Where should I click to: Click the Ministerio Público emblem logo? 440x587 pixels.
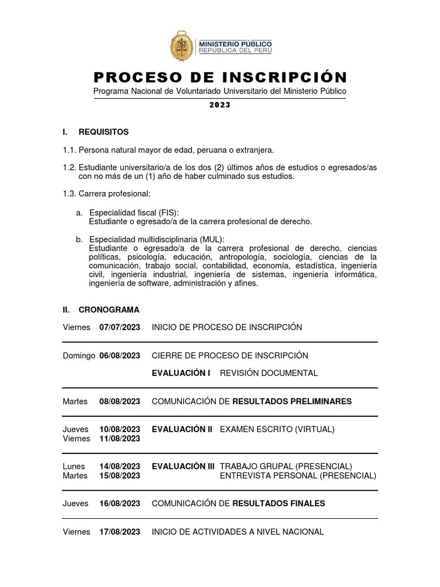click(182, 46)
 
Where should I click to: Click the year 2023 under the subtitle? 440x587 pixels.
click(219, 105)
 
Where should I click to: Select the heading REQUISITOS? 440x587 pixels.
click(104, 132)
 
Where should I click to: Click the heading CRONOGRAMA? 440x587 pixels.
click(109, 310)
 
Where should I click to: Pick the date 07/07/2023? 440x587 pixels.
click(120, 327)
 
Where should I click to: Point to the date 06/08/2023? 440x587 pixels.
click(120, 356)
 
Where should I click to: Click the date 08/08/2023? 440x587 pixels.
click(120, 401)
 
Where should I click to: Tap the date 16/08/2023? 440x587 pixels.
click(120, 503)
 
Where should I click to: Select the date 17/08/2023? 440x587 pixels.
click(120, 532)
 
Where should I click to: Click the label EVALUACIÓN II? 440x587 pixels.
click(182, 429)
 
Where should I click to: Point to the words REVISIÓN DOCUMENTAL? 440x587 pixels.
click(269, 373)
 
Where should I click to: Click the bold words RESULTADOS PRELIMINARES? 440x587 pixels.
click(292, 401)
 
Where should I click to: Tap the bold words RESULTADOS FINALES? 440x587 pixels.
click(278, 503)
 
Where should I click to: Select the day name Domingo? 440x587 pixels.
click(78, 356)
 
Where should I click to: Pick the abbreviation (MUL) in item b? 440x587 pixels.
click(212, 239)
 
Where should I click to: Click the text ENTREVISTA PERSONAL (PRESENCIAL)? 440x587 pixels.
click(298, 475)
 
